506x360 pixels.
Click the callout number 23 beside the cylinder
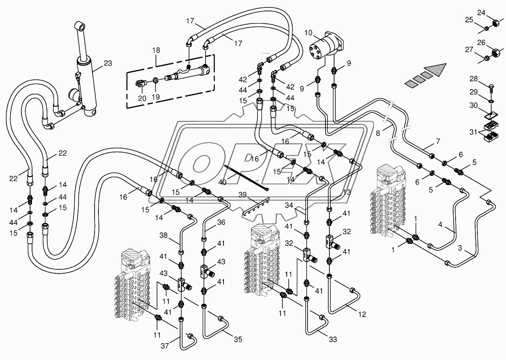pos(107,63)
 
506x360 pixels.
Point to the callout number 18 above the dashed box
pos(156,50)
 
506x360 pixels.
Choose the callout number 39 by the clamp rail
pos(243,195)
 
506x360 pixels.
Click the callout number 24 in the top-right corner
pos(481,13)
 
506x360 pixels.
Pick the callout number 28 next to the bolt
pos(474,79)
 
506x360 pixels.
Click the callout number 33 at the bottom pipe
pos(333,340)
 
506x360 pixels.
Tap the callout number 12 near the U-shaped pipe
pos(362,314)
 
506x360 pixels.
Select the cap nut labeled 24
pos(497,23)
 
